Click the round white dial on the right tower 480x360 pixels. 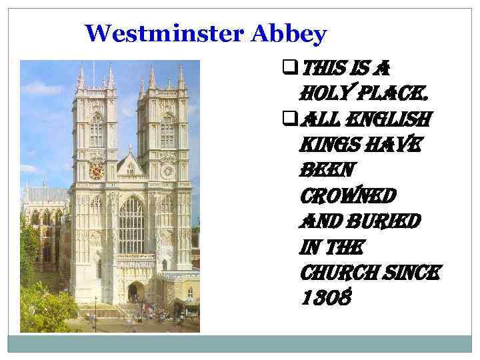[167, 171]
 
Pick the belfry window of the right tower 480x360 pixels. [167, 130]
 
